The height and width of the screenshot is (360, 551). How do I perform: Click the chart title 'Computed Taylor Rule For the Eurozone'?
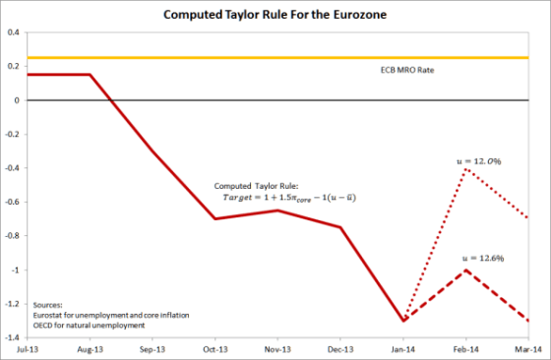coord(275,14)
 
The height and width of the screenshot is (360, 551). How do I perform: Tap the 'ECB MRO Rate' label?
coord(407,71)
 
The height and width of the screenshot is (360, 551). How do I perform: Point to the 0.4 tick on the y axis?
coord(15,32)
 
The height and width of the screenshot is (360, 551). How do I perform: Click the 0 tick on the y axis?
coord(19,100)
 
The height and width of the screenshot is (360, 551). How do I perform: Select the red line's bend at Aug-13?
coord(92,75)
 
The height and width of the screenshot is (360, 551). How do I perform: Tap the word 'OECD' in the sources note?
coord(45,325)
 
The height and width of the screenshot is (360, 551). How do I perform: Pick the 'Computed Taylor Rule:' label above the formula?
coord(261,184)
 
